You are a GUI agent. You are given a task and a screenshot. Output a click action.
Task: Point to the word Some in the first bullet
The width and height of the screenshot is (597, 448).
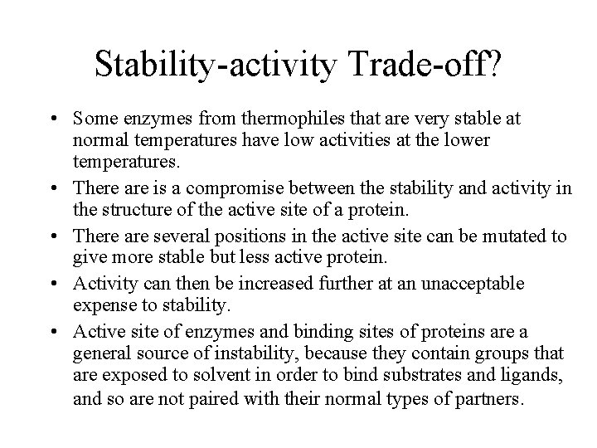95,119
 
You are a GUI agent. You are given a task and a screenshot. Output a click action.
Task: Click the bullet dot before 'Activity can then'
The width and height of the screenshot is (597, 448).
61,285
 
